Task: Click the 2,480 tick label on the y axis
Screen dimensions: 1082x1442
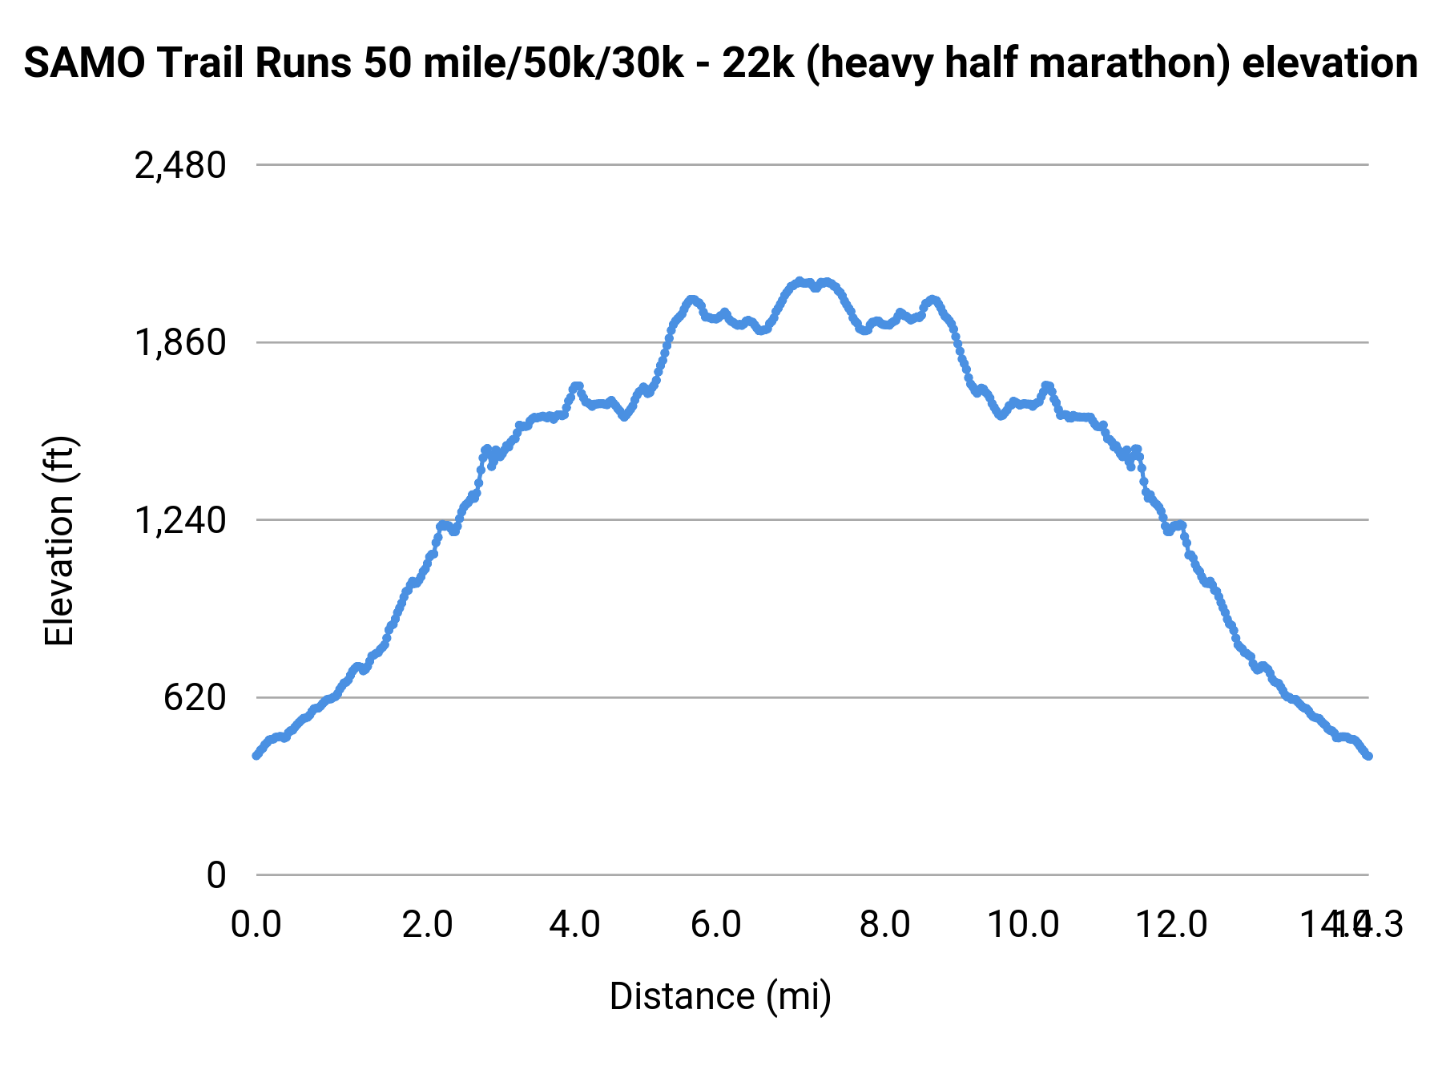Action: pyautogui.click(x=180, y=166)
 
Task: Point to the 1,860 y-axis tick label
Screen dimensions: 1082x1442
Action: pyautogui.click(x=180, y=343)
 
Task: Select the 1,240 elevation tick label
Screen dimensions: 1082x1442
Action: pyautogui.click(x=180, y=521)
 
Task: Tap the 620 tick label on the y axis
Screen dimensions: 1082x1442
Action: pyautogui.click(x=195, y=698)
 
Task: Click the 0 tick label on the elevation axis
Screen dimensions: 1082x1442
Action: pyautogui.click(x=215, y=876)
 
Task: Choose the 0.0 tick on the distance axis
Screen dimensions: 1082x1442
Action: pyautogui.click(x=256, y=924)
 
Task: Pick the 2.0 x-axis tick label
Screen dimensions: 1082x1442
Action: pyautogui.click(x=427, y=924)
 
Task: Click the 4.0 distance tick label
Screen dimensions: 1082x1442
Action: pyautogui.click(x=574, y=924)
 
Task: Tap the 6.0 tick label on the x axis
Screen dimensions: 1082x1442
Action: pyautogui.click(x=715, y=924)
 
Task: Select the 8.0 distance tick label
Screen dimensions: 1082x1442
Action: pyautogui.click(x=884, y=924)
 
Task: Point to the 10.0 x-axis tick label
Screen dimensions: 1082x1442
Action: pyautogui.click(x=1023, y=924)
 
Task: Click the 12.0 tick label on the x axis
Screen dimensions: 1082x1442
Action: pyautogui.click(x=1172, y=924)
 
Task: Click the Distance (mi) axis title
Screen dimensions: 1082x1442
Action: pyautogui.click(x=720, y=996)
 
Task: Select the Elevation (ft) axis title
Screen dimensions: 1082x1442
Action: pyautogui.click(x=59, y=541)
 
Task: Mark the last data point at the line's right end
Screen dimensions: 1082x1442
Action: pyautogui.click(x=1368, y=756)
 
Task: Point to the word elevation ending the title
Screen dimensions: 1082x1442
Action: pyautogui.click(x=1330, y=63)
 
